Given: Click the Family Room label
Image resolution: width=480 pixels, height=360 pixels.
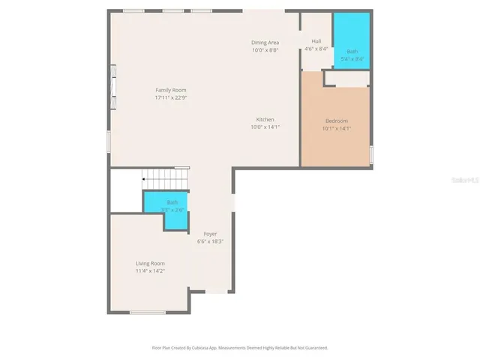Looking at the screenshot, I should [x=170, y=90].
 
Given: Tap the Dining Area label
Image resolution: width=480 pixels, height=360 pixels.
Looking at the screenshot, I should [x=265, y=43].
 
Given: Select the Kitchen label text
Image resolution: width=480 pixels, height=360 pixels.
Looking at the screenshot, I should [x=265, y=120].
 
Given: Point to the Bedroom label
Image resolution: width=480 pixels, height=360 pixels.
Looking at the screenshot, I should [x=336, y=121].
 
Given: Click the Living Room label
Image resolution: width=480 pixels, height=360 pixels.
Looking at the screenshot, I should [x=150, y=263].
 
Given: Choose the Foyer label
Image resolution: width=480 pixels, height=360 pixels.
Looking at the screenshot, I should [x=210, y=234].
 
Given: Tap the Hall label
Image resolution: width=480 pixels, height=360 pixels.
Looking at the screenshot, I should [x=316, y=41].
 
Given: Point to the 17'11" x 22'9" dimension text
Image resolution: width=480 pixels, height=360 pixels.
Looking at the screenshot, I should [x=170, y=97].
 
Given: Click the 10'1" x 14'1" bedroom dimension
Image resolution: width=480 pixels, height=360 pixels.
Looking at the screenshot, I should [x=336, y=128].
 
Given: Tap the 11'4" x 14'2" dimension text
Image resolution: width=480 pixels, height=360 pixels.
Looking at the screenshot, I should [x=150, y=271].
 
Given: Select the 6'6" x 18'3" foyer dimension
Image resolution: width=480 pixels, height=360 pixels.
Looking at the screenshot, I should [x=210, y=241].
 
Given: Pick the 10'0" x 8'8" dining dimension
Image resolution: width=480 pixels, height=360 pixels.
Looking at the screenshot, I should [x=265, y=50].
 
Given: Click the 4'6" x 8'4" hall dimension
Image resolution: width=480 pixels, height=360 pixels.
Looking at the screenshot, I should [x=316, y=49].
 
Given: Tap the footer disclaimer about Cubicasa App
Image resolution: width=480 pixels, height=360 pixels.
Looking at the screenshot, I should [x=239, y=348].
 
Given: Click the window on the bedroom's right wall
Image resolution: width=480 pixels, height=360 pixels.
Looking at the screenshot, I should [x=371, y=154].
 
